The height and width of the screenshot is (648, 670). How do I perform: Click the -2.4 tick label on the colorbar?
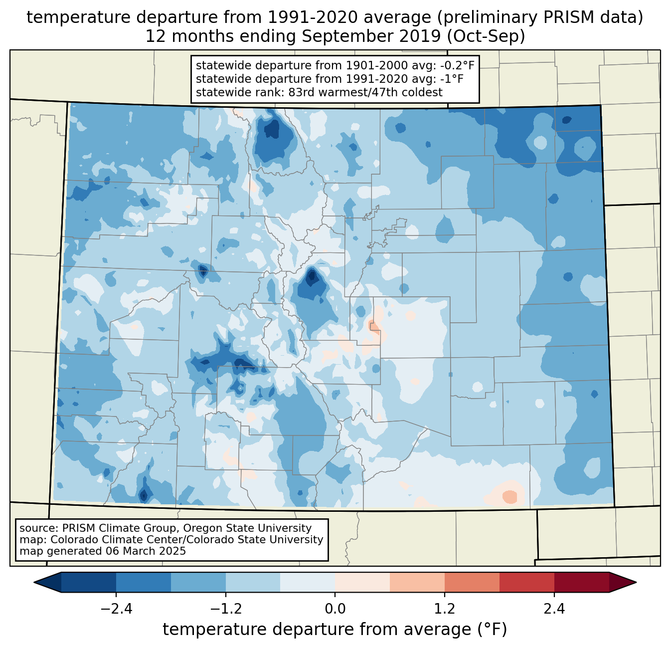(x=116, y=609)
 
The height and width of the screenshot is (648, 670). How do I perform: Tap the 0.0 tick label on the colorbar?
(x=335, y=609)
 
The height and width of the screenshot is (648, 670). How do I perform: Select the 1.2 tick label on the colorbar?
(x=445, y=609)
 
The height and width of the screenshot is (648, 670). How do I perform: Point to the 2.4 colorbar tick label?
(x=554, y=609)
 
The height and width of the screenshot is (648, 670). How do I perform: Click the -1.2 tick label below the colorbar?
(x=226, y=609)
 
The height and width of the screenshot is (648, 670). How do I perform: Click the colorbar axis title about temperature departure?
(x=335, y=629)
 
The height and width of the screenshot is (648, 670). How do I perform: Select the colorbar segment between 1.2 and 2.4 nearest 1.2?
(x=472, y=582)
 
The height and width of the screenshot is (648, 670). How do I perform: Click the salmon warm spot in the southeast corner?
(x=509, y=497)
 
